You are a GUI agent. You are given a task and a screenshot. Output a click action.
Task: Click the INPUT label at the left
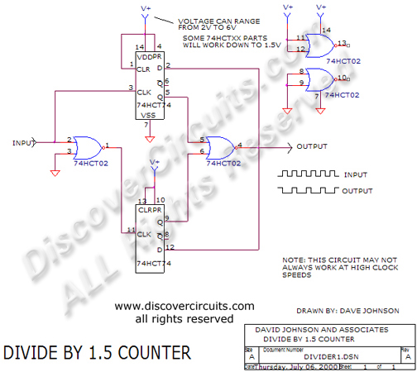pos(22,142)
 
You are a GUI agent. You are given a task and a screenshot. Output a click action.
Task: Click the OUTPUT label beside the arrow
pos(311,146)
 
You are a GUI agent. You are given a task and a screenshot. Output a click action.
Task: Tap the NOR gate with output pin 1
pos(83,147)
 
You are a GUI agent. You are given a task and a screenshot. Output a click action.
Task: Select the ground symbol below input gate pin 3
pos(55,172)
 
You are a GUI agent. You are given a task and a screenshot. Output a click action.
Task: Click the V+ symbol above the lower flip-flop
pos(155,164)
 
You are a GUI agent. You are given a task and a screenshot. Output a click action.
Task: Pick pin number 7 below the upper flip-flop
pos(146,125)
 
